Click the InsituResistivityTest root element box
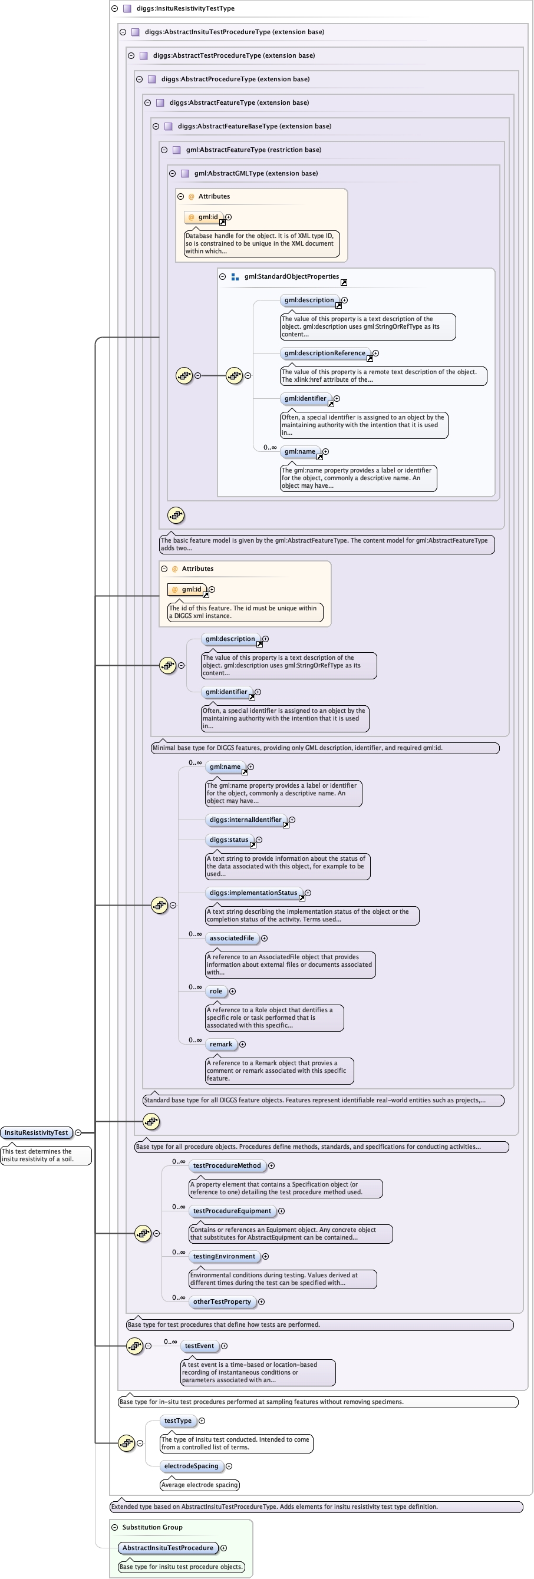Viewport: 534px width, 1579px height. pos(36,1132)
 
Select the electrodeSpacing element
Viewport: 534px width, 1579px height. pos(190,1466)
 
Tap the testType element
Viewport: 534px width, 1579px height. pos(177,1421)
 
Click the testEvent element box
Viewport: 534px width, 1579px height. pos(199,1346)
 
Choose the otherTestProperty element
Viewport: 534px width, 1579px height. pos(222,1301)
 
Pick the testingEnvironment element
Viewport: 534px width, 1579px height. pos(224,1256)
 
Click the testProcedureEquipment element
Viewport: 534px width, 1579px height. pos(231,1211)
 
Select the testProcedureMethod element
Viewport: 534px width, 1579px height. pos(226,1165)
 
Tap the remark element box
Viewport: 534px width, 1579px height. pos(220,1044)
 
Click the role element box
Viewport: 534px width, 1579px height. pos(216,991)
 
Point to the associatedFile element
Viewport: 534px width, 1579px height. pos(231,938)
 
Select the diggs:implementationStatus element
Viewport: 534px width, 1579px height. pos(253,893)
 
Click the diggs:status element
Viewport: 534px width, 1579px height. pos(229,840)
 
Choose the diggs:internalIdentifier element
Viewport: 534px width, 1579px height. pos(245,820)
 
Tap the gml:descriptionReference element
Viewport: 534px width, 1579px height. pos(324,353)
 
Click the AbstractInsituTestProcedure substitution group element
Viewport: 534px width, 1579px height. pos(167,1548)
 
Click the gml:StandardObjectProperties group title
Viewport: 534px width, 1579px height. pos(291,276)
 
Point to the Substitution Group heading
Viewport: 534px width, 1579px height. pos(152,1527)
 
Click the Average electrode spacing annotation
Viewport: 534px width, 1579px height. pos(199,1485)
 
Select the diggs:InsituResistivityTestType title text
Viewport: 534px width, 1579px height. pos(185,9)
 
